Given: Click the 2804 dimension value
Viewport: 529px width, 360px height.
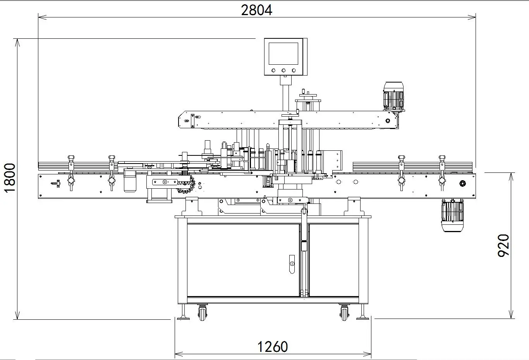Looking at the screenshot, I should [256, 10].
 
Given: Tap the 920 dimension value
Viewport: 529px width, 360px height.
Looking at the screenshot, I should [503, 245].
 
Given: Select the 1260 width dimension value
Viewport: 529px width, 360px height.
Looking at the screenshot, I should [273, 346].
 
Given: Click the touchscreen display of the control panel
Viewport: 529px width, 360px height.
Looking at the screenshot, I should [283, 53].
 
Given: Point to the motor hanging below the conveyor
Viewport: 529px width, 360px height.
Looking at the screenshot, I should [452, 215].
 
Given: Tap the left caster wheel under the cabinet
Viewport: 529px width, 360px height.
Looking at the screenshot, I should [203, 313].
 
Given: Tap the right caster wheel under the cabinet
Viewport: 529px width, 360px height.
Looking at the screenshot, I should [344, 313].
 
